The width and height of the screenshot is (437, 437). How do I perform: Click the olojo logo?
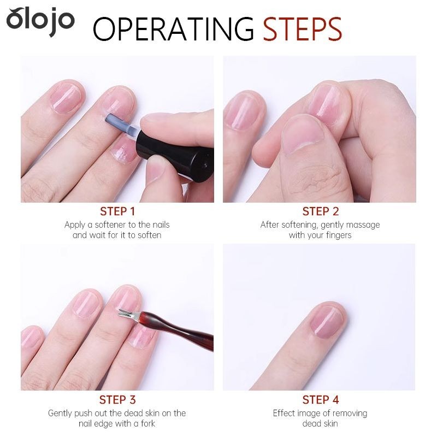(x=40, y=21)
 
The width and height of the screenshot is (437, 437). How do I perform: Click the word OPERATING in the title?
(x=173, y=29)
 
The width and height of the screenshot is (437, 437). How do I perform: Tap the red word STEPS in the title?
(x=303, y=29)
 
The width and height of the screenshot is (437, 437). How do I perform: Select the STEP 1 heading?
(x=117, y=211)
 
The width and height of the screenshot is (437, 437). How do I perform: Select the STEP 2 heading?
(x=321, y=211)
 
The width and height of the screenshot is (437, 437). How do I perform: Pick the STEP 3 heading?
(x=117, y=400)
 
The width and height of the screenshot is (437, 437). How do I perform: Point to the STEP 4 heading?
(x=321, y=400)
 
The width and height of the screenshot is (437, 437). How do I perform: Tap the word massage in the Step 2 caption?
(x=363, y=225)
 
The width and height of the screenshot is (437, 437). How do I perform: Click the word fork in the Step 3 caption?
(x=147, y=424)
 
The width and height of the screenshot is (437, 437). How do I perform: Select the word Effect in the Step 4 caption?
(x=282, y=413)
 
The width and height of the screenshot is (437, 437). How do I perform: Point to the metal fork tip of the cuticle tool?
(x=129, y=315)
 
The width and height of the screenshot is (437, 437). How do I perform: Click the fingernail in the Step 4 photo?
(x=327, y=321)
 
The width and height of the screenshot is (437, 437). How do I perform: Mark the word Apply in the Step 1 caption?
(x=75, y=225)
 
